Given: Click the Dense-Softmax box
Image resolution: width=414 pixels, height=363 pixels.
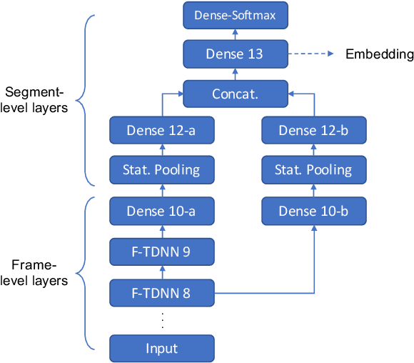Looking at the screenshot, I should coord(235,14).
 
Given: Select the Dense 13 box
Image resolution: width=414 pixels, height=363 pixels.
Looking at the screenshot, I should coord(235,54).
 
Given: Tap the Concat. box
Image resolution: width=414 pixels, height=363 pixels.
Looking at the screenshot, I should coord(235,94).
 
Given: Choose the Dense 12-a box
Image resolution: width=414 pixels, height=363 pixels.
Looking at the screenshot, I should coord(162,130).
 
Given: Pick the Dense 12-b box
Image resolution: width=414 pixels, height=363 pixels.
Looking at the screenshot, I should coord(314,130).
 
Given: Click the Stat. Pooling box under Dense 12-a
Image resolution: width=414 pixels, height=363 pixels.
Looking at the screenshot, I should coord(162,170).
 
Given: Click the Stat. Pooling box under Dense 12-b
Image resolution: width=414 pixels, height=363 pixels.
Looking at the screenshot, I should coord(314,170).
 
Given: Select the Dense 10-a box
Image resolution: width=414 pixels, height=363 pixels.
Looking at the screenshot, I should coord(162,211).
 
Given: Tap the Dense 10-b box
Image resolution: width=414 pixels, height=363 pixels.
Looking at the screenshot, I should coord(314,211).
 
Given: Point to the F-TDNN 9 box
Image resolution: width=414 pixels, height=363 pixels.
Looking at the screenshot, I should coord(162,251).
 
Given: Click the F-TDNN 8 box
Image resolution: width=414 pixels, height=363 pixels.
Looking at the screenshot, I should coord(162,292).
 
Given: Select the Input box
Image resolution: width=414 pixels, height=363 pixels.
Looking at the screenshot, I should coord(162,348).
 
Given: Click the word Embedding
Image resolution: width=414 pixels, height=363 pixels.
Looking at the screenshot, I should coord(379,54).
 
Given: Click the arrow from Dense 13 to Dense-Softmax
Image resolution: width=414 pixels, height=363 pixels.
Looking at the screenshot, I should coord(235,33).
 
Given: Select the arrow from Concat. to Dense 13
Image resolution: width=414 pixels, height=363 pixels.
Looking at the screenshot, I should coord(235,74).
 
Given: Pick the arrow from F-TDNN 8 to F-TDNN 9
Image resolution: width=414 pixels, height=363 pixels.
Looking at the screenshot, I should coord(162,272).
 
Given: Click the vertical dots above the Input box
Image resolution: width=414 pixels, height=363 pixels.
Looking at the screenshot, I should coord(162,320).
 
